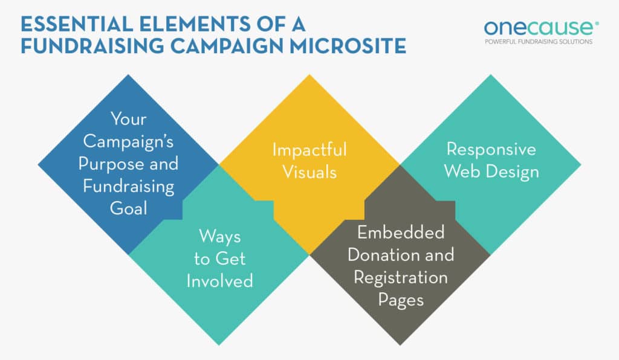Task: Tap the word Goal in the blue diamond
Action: coord(129,208)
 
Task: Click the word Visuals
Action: coord(309,172)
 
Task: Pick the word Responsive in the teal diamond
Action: coord(491,149)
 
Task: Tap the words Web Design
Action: coord(491,172)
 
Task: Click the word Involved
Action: coord(219,281)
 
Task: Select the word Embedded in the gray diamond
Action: coord(400,233)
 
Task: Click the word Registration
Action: coord(400,277)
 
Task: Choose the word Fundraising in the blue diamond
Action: coord(129,186)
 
